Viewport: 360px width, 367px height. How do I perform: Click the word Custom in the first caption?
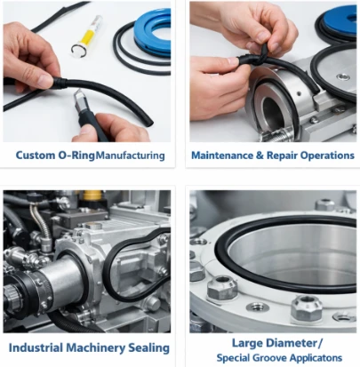click(x=35, y=156)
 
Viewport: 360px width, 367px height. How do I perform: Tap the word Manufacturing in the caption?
click(x=131, y=156)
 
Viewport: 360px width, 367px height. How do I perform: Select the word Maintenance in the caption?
click(x=223, y=156)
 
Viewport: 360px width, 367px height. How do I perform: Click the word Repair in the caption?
click(x=282, y=156)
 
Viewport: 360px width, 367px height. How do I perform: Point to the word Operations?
click(x=327, y=156)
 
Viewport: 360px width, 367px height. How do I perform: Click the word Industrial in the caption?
click(x=36, y=347)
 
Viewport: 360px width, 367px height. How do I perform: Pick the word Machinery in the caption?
click(x=95, y=348)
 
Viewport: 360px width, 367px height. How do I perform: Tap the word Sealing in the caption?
click(x=148, y=348)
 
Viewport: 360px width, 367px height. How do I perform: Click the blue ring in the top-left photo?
click(x=152, y=33)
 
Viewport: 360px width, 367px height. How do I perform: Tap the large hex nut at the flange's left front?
click(x=221, y=287)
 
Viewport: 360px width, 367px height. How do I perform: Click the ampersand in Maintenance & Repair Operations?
click(x=260, y=156)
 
